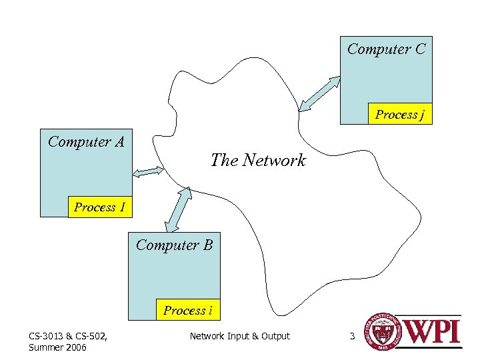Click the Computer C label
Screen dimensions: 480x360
pos(386,49)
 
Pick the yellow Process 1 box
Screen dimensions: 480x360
pos(100,207)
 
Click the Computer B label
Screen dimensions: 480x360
pos(174,245)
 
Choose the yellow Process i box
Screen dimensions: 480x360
pos(188,310)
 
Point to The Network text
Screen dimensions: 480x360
pos(258,160)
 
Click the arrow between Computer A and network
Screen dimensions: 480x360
pos(148,172)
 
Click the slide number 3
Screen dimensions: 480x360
pos(352,336)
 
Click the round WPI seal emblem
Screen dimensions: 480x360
pos(377,332)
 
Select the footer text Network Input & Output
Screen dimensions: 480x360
pos(239,336)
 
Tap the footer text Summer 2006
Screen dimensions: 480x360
pos(57,347)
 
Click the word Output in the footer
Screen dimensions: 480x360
pos(275,336)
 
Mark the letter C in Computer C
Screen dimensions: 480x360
pos(419,49)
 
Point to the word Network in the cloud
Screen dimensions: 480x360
pos(274,160)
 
